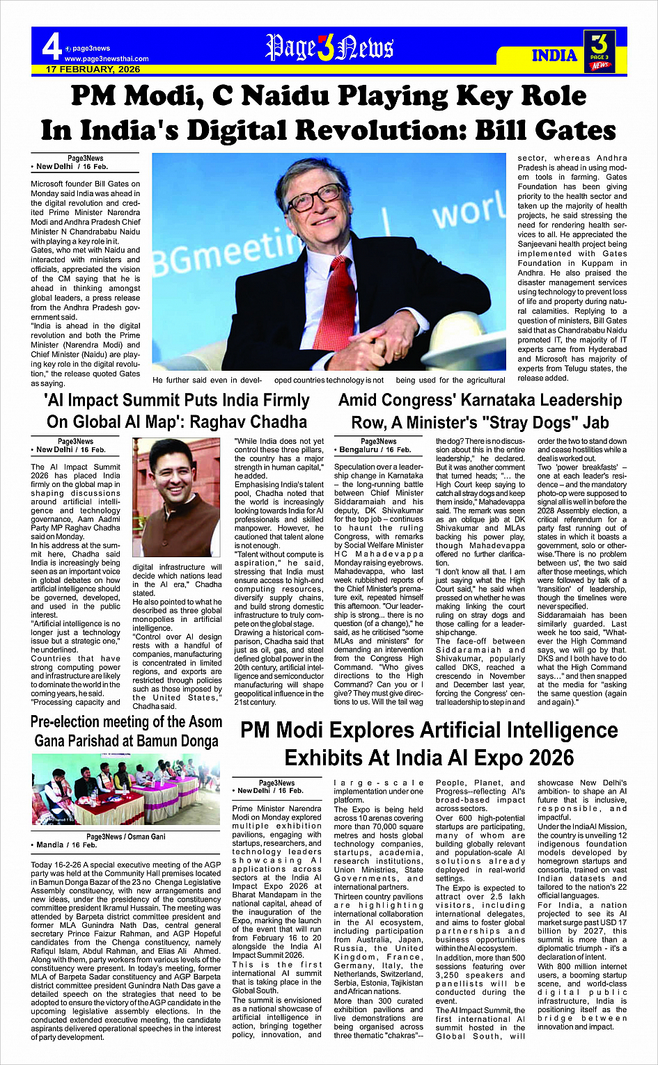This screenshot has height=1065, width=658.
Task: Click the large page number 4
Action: coord(52,47)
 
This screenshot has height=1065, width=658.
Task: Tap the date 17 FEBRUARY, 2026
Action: coord(93,70)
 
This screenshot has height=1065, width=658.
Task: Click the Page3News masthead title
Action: coord(329,48)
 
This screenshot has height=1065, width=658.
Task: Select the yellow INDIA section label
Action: coord(554,56)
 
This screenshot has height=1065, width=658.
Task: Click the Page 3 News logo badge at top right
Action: coord(600,50)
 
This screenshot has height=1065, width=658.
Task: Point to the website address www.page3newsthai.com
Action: coord(106,59)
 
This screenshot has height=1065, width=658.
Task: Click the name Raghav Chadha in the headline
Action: coord(249,422)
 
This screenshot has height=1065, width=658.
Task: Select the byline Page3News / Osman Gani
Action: coord(126,837)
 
